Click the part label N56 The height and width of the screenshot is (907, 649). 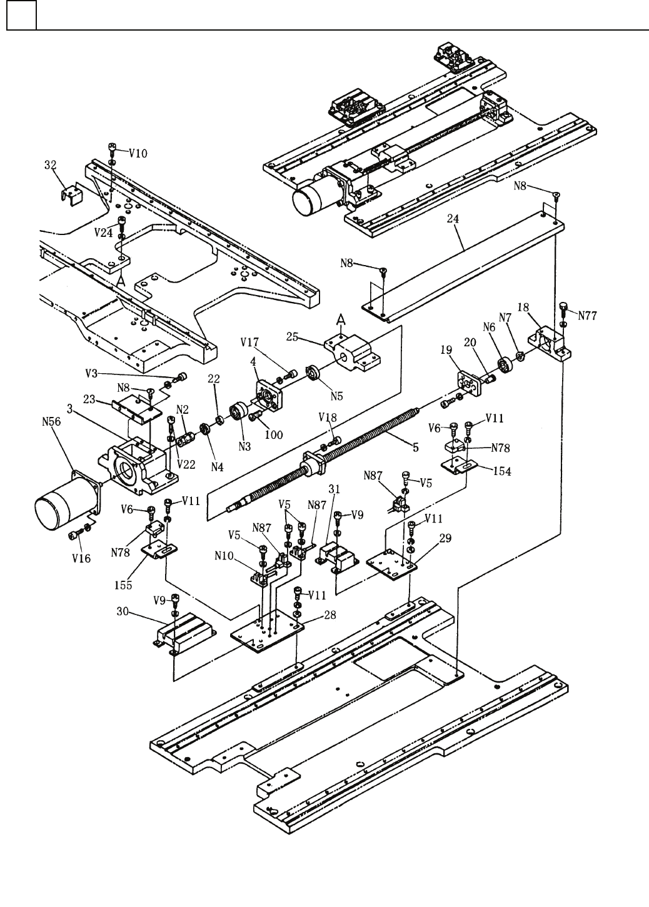pos(51,422)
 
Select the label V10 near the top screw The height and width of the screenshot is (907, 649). pos(138,154)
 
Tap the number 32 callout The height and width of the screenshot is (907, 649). pos(50,165)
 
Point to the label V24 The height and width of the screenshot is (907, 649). pos(103,233)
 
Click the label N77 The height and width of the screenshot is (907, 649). pos(588,316)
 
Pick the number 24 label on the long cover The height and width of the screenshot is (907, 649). pos(453,219)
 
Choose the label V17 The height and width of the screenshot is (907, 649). pos(249,343)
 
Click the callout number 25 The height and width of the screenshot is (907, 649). pos(292,336)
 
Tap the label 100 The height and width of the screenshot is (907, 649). pos(274,435)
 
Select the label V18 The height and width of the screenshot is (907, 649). pos(328,417)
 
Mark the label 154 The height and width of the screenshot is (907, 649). pos(502,471)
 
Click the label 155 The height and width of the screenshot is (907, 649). pos(123,584)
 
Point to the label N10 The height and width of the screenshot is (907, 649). pos(224,556)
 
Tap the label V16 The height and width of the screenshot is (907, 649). pos(81,558)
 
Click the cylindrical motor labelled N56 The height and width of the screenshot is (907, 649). pos(65,501)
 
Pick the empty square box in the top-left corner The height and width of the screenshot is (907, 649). pos(21,15)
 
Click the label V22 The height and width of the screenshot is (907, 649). pos(186,464)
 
